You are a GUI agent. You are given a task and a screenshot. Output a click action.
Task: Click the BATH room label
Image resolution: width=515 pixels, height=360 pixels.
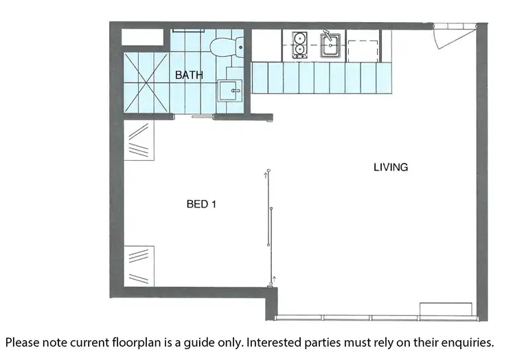(x=189, y=75)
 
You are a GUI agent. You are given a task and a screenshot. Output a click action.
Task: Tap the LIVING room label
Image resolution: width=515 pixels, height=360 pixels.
(x=391, y=167)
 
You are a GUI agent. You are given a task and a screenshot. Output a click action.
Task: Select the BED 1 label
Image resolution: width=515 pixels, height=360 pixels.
(x=202, y=204)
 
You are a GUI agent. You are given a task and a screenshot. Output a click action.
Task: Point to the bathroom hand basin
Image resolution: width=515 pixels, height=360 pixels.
(x=231, y=90)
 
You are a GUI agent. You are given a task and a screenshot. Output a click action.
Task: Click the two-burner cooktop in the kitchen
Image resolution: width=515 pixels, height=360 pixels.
(x=299, y=45)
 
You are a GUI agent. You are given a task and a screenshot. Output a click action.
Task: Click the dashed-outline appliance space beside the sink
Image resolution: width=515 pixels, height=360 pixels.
(x=363, y=45)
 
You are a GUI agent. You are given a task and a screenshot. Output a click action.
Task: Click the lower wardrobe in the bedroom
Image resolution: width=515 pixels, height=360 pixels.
(x=140, y=264)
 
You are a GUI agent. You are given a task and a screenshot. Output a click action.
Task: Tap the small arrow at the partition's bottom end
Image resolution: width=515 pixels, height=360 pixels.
(x=273, y=279)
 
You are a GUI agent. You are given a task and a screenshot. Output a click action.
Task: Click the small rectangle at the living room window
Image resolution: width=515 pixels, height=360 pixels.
(x=446, y=308)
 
